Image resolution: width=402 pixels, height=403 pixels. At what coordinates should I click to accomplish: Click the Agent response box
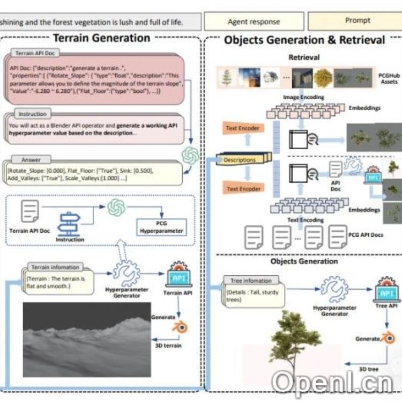coord(254,21)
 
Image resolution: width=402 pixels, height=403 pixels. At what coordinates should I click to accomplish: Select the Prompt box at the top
coord(354,21)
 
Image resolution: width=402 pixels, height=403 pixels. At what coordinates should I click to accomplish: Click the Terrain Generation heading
coord(101,38)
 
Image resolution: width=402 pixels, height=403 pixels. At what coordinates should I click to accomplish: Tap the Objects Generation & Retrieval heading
coord(304,40)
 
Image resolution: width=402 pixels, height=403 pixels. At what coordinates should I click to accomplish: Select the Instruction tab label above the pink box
coord(33,114)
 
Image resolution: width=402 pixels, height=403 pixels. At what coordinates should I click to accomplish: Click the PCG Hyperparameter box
coord(161,227)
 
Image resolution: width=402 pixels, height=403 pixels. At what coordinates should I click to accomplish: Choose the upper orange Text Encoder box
coord(243,129)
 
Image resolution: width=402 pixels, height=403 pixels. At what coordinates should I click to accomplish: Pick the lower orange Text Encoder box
coord(243,189)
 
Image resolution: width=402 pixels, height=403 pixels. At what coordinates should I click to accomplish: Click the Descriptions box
coord(240,159)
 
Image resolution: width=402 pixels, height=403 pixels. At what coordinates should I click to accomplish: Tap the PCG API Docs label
coord(366,235)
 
